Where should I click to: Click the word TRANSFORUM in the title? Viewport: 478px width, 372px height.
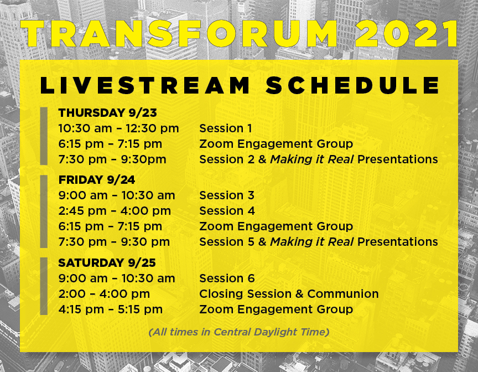tap(179, 34)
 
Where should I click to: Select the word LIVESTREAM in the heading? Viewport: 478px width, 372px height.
tap(145, 85)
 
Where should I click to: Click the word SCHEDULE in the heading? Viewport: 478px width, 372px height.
tap(352, 85)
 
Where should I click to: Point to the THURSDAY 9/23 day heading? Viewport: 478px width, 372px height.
tap(108, 113)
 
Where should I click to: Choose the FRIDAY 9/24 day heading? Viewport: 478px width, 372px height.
tap(97, 180)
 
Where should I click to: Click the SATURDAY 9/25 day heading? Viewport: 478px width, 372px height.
tap(107, 263)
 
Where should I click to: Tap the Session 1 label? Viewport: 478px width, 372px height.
tap(226, 128)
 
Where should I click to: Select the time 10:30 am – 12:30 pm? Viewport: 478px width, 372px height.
tap(118, 128)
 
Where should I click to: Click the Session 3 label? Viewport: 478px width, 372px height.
tap(227, 195)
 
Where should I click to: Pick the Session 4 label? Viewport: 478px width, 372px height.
tap(227, 211)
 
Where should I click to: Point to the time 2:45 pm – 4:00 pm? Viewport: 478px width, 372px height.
tap(115, 211)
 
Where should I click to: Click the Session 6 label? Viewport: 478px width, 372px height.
tap(227, 278)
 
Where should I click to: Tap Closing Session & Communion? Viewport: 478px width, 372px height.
tap(289, 294)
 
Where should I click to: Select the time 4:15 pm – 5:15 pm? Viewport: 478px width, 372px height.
tap(111, 309)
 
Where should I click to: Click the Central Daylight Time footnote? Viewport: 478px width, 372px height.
tap(239, 332)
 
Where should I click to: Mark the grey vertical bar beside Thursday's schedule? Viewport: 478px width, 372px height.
tap(44, 136)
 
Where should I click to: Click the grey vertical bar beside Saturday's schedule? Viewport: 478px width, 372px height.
tap(44, 286)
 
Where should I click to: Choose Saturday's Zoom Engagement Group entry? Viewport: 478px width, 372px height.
tap(276, 309)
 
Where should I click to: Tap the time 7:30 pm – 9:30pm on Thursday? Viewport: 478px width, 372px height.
tap(112, 159)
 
